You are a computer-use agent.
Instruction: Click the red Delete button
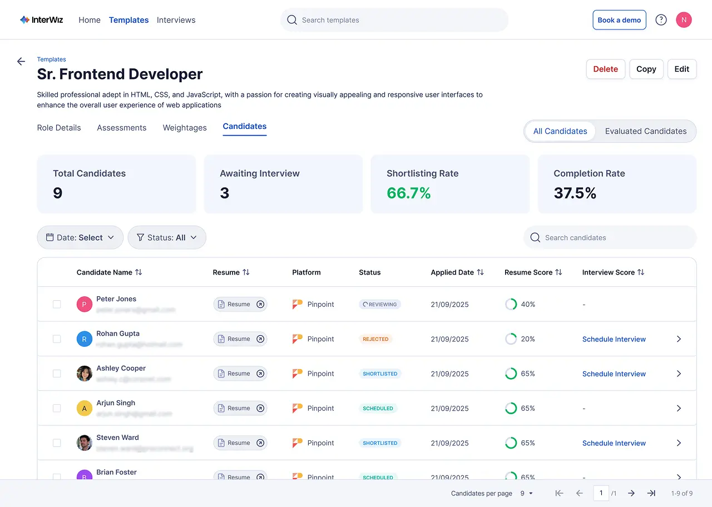coord(605,69)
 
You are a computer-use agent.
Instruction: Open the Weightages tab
coord(185,128)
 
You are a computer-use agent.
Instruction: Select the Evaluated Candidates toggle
coord(645,131)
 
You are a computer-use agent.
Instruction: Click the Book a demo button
coord(619,20)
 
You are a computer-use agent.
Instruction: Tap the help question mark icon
coord(661,20)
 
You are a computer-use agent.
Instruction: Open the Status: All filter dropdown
coord(167,237)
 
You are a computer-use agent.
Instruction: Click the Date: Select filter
coord(80,237)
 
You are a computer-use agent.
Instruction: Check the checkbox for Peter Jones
coord(57,304)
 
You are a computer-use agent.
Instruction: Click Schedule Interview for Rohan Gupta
coord(614,339)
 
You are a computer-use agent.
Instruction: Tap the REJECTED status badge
coord(375,339)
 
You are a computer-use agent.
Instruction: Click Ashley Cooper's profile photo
coord(84,374)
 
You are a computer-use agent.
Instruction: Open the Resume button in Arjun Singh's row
coord(240,408)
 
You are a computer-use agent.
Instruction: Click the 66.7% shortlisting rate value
coord(408,193)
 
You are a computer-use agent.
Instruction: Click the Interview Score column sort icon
coord(641,272)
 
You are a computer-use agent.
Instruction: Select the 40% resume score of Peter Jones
coord(527,305)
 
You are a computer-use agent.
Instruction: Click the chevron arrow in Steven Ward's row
coord(679,443)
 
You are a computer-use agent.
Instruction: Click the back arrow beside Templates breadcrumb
coord(21,62)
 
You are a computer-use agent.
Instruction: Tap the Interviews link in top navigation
coord(176,20)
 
